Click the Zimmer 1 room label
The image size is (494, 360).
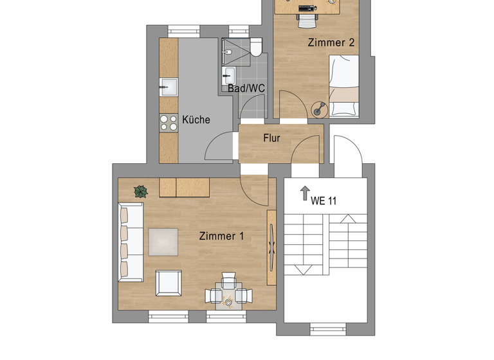221,236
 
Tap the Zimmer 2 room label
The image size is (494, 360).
331,42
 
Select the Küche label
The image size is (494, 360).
196,120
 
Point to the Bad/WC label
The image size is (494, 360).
246,88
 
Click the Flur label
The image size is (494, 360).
271,138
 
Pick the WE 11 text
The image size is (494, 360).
324,201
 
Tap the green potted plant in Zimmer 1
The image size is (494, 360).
141,191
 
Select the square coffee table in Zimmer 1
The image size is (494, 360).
163,242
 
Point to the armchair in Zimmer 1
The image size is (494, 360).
169,283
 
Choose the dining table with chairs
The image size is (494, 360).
228,294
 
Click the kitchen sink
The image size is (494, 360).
169,86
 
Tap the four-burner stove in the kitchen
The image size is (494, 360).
169,123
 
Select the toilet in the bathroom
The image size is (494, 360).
255,47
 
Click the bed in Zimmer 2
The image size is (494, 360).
344,85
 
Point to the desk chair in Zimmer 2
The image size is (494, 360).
307,22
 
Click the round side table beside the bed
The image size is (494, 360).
320,109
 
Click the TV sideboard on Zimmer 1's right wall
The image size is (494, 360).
271,248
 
